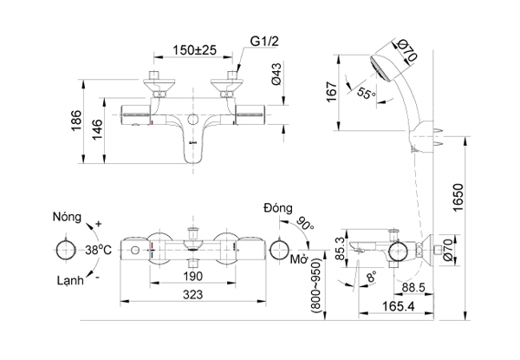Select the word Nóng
point(69,216)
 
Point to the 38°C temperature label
point(100,249)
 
